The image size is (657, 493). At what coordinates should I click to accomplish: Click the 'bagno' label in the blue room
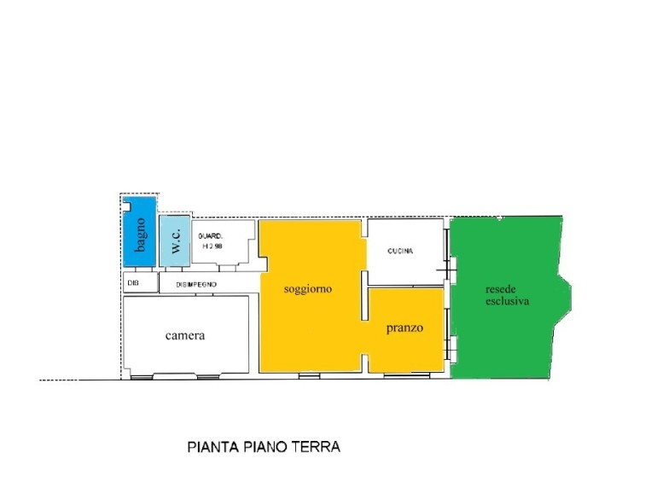pyautogui.click(x=141, y=235)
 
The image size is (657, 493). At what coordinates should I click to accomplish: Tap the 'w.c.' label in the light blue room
pyautogui.click(x=176, y=241)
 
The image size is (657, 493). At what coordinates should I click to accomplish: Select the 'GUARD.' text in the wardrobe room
pyautogui.click(x=210, y=236)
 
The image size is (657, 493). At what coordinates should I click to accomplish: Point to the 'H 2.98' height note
pyautogui.click(x=212, y=246)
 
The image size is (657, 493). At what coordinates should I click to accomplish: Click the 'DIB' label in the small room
pyautogui.click(x=133, y=283)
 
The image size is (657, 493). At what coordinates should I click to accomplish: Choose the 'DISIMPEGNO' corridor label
pyautogui.click(x=196, y=284)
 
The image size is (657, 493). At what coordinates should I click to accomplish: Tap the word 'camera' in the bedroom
pyautogui.click(x=185, y=335)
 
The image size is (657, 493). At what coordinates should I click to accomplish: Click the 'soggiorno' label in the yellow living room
pyautogui.click(x=308, y=289)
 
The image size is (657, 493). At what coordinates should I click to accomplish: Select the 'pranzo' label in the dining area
pyautogui.click(x=404, y=328)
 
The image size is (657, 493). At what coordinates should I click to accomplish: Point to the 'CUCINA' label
pyautogui.click(x=400, y=251)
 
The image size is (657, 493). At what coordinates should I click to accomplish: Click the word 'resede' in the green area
pyautogui.click(x=501, y=289)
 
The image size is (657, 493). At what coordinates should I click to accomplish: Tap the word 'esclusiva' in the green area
pyautogui.click(x=508, y=301)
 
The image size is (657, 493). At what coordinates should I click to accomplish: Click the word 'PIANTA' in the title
pyautogui.click(x=212, y=447)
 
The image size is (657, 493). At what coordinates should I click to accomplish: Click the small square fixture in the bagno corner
pyautogui.click(x=126, y=206)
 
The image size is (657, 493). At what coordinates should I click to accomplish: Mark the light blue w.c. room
pyautogui.click(x=175, y=241)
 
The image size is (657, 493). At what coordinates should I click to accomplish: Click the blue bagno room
pyautogui.click(x=140, y=232)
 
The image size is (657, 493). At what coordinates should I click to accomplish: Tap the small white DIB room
pyautogui.click(x=141, y=282)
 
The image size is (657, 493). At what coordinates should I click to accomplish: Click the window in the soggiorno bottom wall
pyautogui.click(x=309, y=375)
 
